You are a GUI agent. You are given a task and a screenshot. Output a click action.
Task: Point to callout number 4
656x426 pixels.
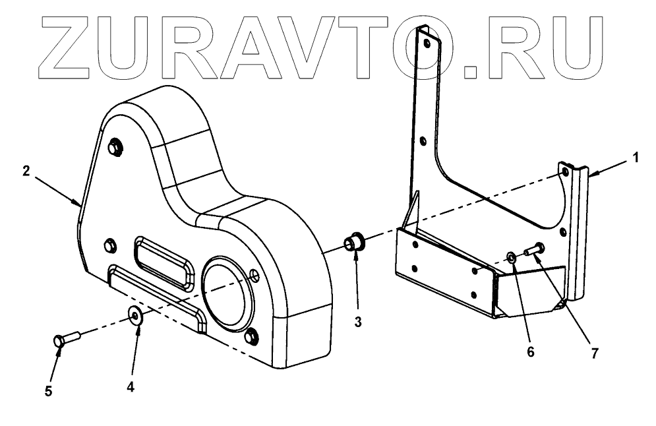[131, 388]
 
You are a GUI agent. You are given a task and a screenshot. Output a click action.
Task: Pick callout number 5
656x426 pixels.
[47, 391]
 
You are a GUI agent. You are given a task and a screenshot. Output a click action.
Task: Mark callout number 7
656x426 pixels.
[594, 353]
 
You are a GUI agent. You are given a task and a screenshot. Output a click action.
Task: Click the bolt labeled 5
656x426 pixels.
[64, 339]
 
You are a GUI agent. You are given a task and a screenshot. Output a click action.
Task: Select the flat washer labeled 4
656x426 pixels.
[136, 315]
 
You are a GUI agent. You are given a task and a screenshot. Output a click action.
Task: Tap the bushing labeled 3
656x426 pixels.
[356, 242]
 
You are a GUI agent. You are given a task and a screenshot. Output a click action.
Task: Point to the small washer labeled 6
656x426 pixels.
[512, 257]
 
